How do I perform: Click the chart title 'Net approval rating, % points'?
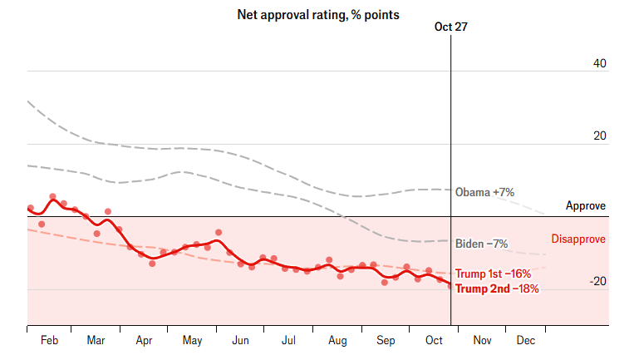pos(318,15)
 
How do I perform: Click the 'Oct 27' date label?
pos(451,27)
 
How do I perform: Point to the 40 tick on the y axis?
pos(598,64)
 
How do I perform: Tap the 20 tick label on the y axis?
pos(598,136)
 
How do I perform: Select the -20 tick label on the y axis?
pos(597,282)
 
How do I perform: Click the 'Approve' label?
pos(586,205)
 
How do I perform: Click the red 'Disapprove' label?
pos(578,239)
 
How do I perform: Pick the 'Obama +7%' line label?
pos(484,192)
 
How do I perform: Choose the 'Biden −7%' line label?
pos(482,244)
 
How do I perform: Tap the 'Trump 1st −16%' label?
pos(493,274)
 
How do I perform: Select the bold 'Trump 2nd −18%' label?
pos(497,288)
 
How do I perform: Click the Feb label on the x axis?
pos(49,341)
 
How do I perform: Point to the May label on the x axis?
pos(192,341)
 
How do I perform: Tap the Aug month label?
pos(337,341)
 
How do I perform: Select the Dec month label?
pos(526,341)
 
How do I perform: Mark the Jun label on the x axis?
pos(240,341)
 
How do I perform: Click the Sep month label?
pos(386,341)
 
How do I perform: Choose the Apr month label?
pos(144,341)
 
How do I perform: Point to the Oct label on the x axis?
pos(432,341)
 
